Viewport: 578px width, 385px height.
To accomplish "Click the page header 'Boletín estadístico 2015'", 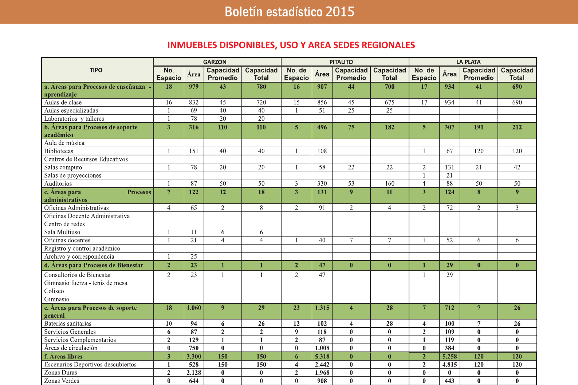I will pos(289,12).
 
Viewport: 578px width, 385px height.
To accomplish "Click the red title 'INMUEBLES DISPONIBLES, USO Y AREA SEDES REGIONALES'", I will pos(291,45).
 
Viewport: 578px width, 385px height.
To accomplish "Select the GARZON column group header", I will pos(215,62).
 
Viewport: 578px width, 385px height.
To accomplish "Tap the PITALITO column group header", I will pos(341,62).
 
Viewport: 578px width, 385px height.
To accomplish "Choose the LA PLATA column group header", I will pos(468,62).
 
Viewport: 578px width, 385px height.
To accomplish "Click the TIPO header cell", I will pos(96,70).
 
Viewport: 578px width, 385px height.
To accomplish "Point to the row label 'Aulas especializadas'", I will pos(71,111).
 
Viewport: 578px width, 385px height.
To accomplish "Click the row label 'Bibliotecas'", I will pos(59,151).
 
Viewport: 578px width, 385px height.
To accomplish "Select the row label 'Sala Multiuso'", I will pos(62,232).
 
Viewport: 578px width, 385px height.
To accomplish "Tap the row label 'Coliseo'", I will pos(54,291).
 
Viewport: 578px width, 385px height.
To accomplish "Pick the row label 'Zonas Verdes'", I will pos(62,381).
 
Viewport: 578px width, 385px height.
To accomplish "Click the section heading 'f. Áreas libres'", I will pos(63,357).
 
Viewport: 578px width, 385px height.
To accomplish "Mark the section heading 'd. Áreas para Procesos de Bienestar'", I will pos(94,265).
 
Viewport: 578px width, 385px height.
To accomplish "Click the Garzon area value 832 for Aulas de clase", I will pos(194,103).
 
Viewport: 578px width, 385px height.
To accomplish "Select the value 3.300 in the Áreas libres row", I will pos(194,357).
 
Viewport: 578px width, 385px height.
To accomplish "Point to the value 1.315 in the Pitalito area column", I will pos(322,308).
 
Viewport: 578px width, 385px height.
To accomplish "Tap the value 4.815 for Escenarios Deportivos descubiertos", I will pos(449,365).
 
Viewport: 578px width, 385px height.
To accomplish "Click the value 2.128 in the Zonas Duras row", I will pos(194,373).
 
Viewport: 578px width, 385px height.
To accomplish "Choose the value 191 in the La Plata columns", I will pos(479,127).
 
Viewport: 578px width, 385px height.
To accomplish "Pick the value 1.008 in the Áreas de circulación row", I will pos(322,348).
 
